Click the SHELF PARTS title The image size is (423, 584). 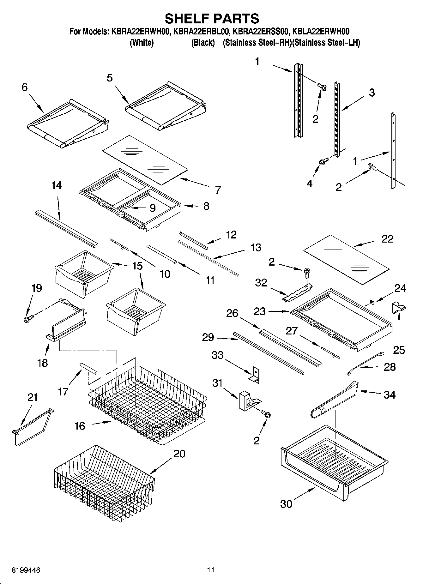point(212,19)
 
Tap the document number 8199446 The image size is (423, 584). point(26,570)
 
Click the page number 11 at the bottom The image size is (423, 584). point(211,570)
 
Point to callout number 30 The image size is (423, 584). point(286,504)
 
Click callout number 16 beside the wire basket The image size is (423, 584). point(80,426)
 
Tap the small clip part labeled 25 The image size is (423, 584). point(399,308)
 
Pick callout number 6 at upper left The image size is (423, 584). point(25,87)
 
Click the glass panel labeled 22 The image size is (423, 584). point(346,258)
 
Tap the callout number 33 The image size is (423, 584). point(218,355)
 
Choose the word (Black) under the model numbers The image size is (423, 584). point(203,43)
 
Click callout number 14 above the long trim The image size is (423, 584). point(57,185)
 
